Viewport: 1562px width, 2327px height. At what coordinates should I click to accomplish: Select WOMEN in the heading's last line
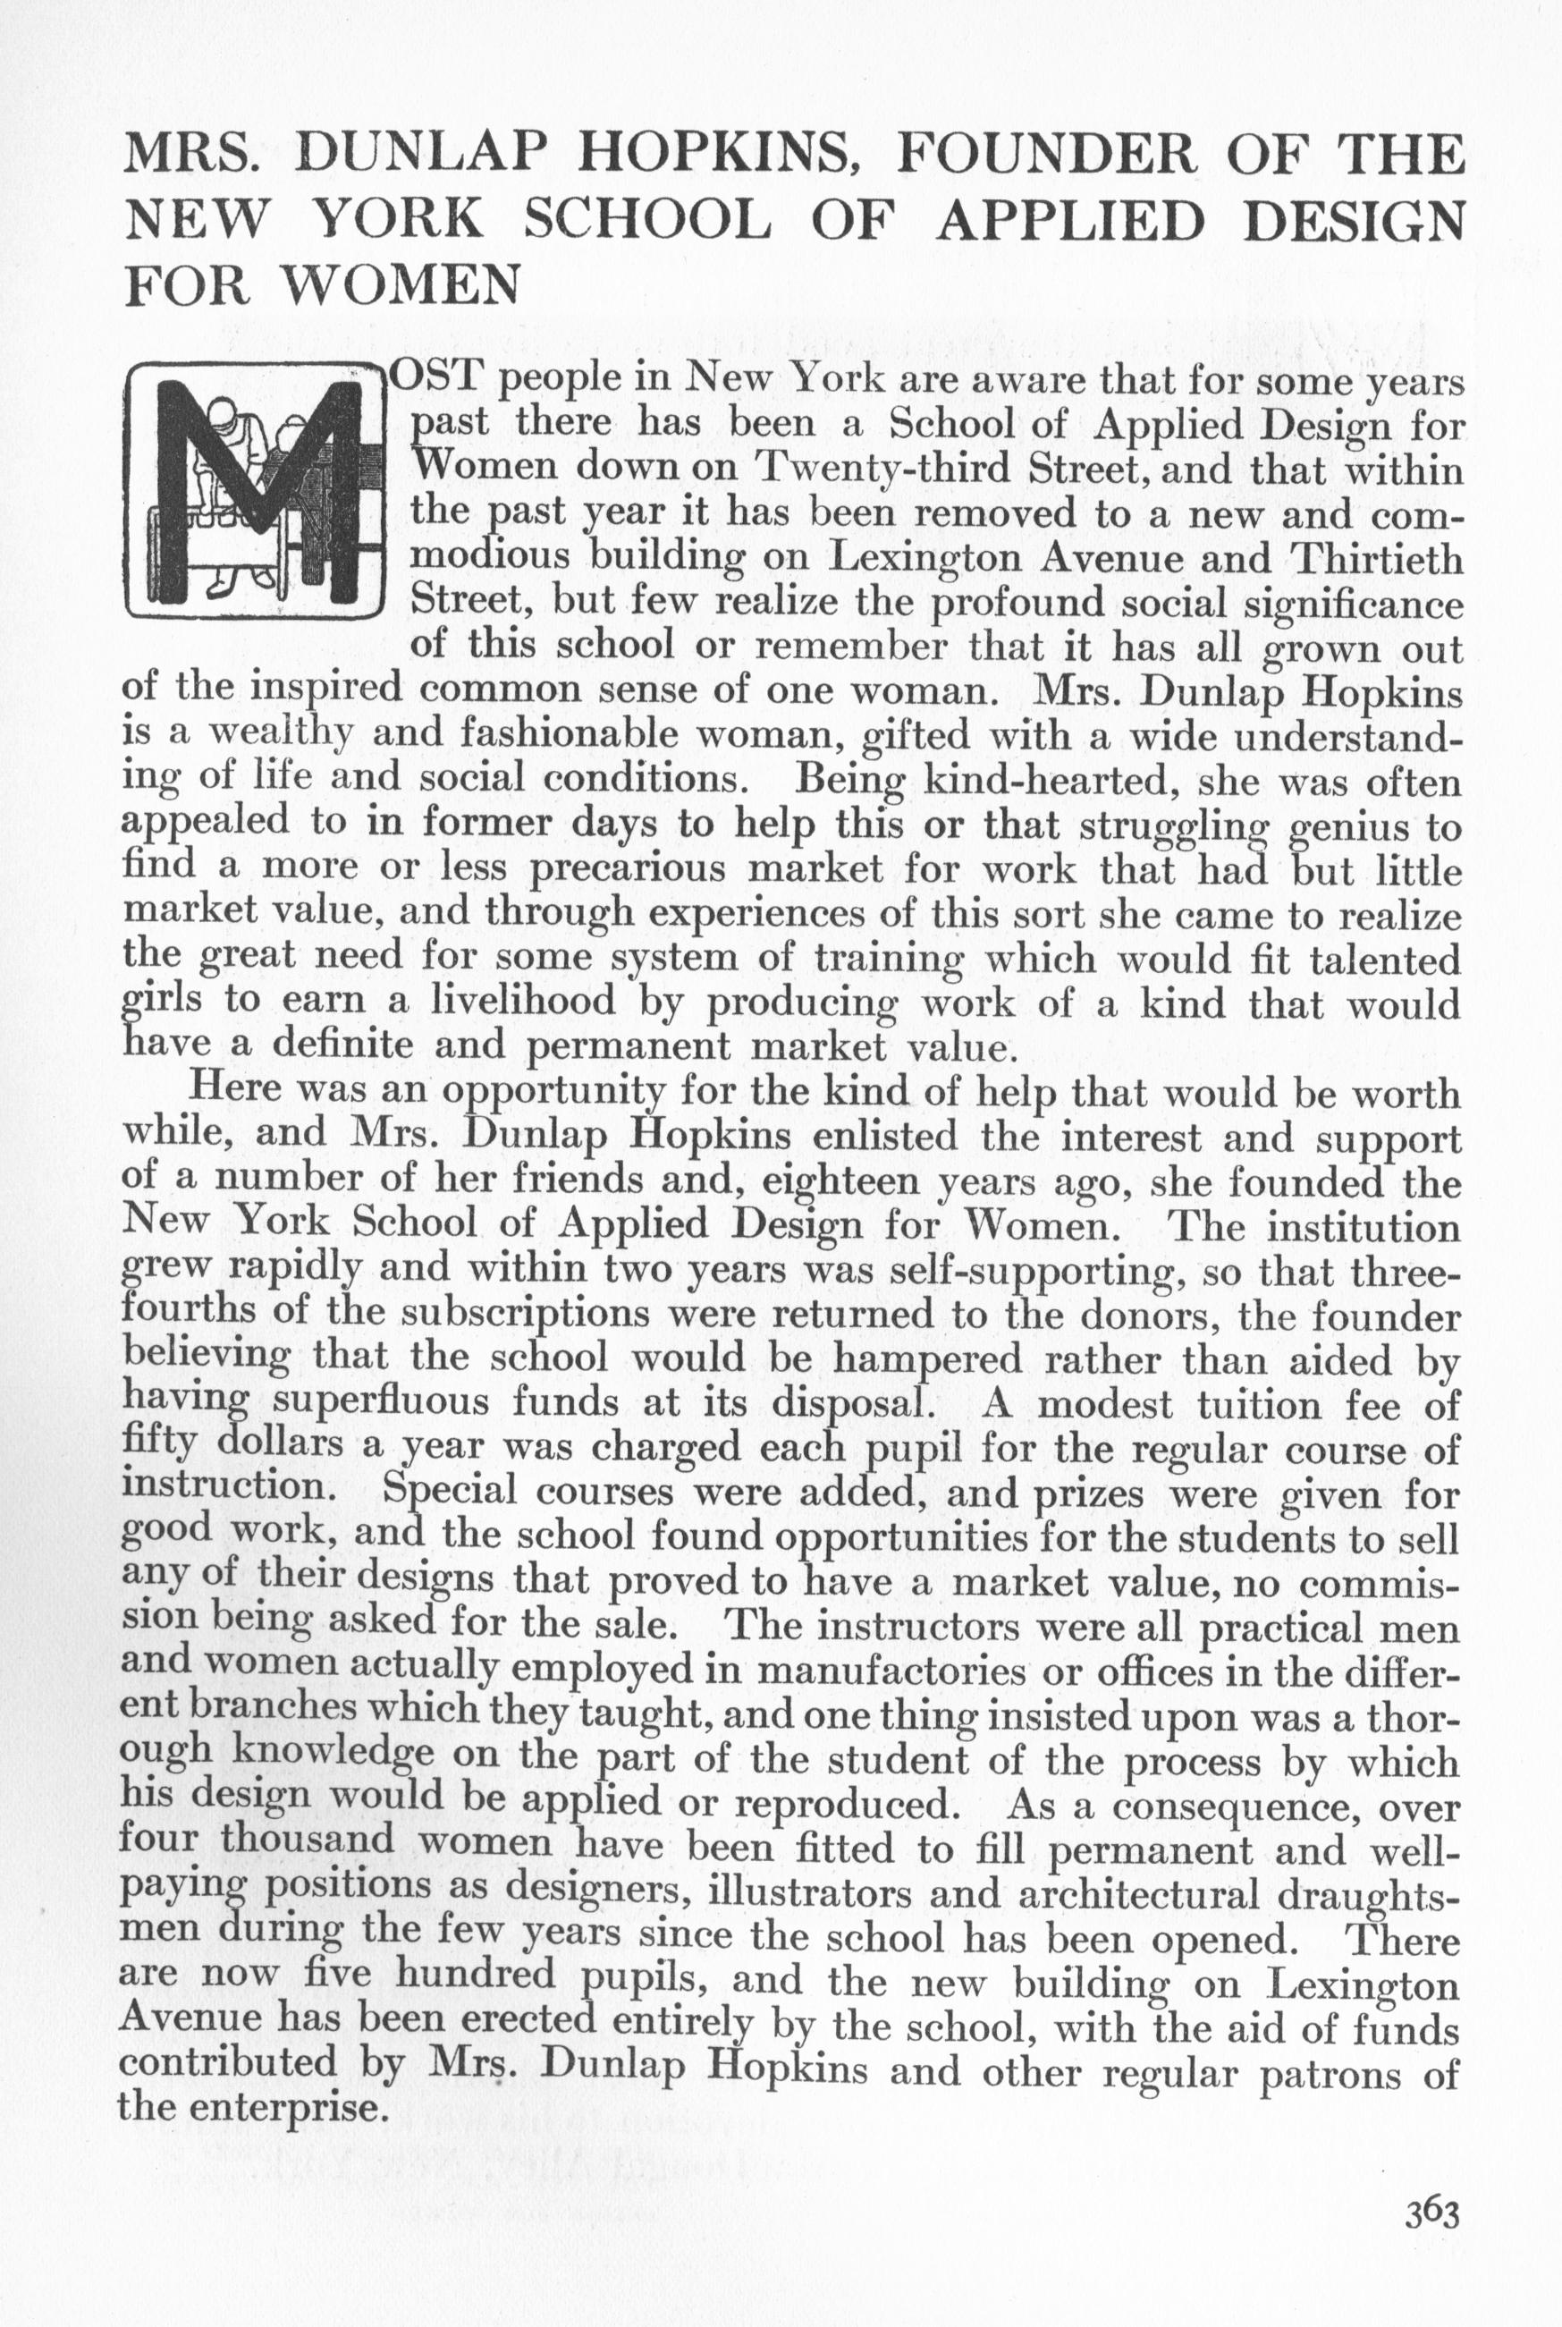(401, 287)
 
